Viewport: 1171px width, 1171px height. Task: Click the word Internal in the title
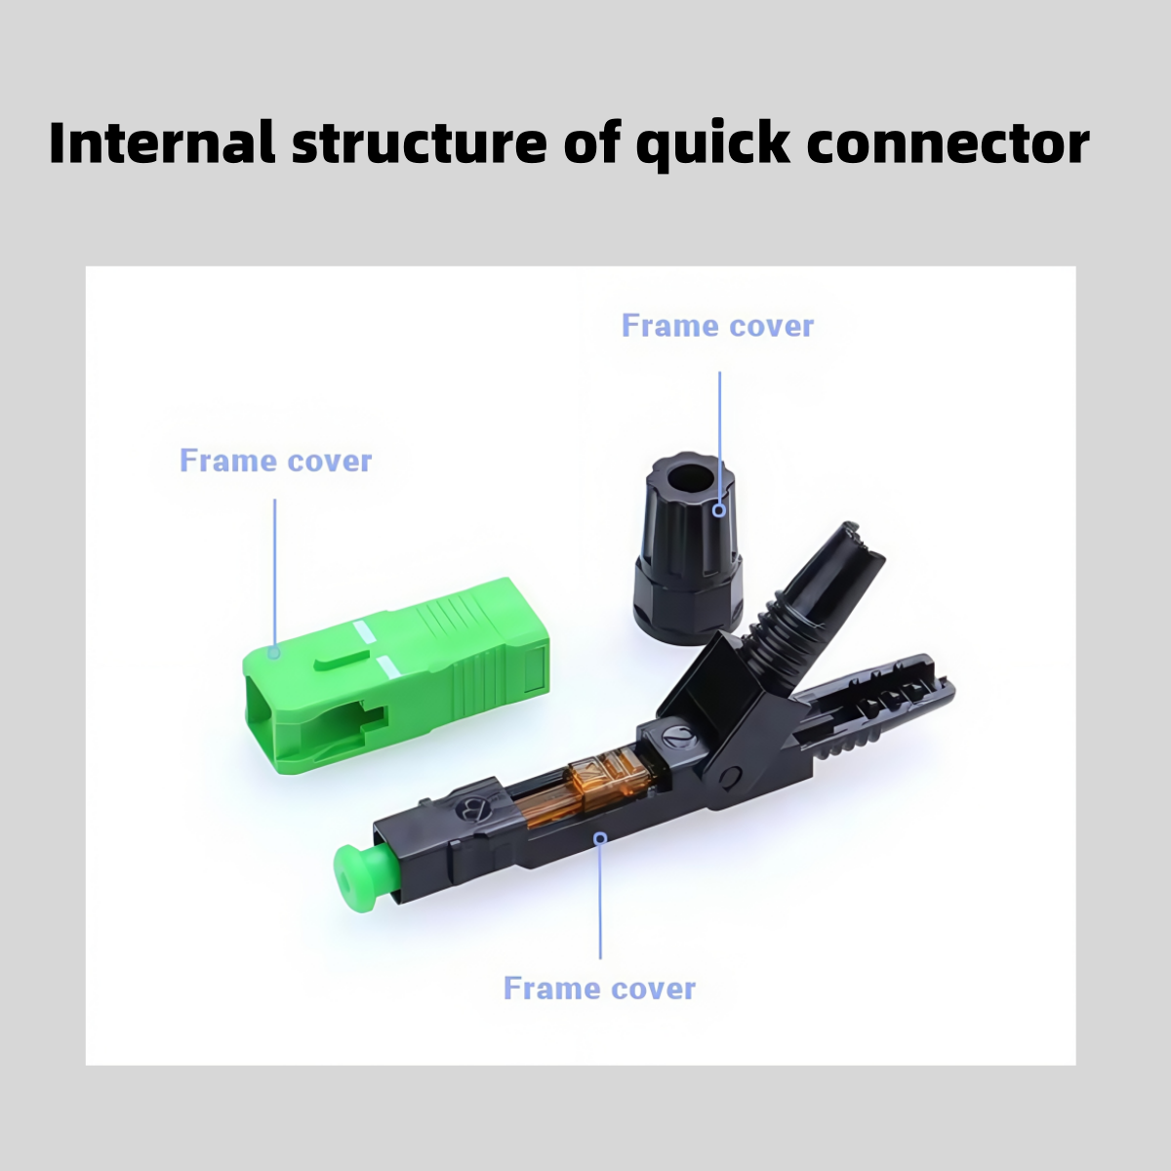pyautogui.click(x=162, y=143)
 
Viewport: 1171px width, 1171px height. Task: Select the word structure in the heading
pyautogui.click(x=420, y=144)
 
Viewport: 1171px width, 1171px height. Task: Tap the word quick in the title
pyautogui.click(x=712, y=145)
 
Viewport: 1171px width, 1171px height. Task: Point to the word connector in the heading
pyautogui.click(x=948, y=145)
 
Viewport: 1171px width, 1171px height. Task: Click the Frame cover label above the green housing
pyautogui.click(x=275, y=461)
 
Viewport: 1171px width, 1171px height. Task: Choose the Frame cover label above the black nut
pyautogui.click(x=717, y=326)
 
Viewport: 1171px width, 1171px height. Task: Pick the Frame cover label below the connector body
pyautogui.click(x=599, y=989)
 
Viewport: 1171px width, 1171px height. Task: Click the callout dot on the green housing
pyautogui.click(x=274, y=653)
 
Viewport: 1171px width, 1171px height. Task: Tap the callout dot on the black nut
pyautogui.click(x=719, y=509)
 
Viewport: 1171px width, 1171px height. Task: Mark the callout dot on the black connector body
pyautogui.click(x=600, y=838)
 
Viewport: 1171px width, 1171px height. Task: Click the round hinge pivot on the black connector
pyautogui.click(x=731, y=778)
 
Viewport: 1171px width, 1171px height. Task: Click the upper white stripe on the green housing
pyautogui.click(x=365, y=632)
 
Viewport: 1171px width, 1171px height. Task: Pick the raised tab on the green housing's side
pyautogui.click(x=342, y=662)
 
